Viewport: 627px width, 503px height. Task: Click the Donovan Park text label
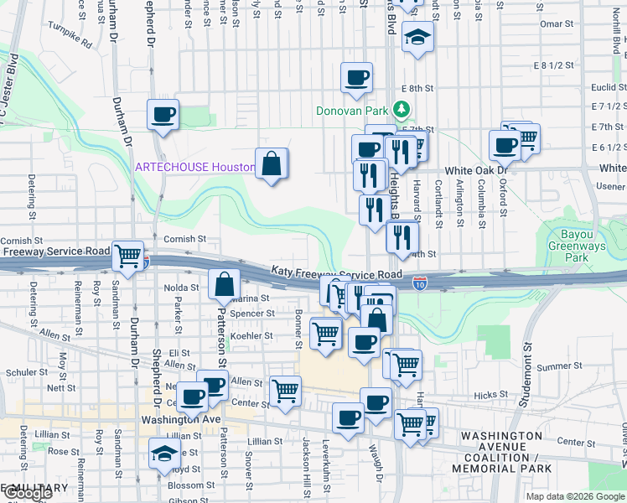click(x=352, y=111)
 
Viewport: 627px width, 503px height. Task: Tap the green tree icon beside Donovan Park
click(x=402, y=110)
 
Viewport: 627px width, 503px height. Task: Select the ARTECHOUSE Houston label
click(x=195, y=167)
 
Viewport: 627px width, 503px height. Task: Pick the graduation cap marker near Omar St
click(x=417, y=37)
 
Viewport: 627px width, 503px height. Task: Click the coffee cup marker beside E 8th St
click(x=356, y=78)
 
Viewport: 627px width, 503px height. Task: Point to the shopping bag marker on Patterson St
click(x=225, y=285)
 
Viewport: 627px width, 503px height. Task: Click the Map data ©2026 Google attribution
click(x=574, y=496)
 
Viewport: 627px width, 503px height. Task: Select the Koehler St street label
click(x=251, y=335)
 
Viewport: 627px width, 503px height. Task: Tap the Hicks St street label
click(x=484, y=393)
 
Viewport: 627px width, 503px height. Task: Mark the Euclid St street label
click(x=603, y=87)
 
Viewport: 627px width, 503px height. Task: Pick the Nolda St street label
click(x=182, y=288)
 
